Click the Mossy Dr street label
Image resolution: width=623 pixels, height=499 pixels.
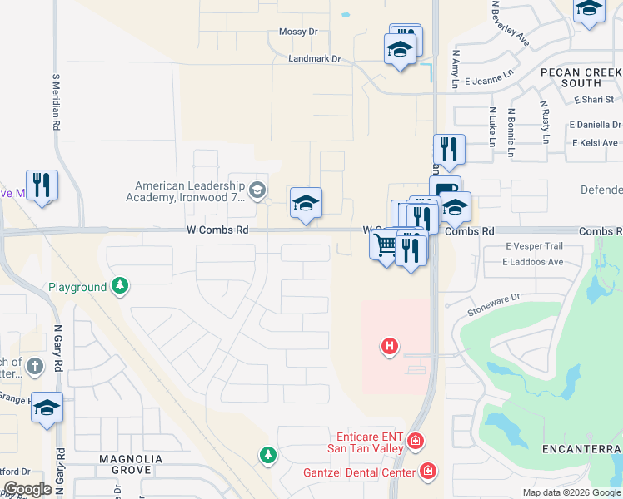[298, 32]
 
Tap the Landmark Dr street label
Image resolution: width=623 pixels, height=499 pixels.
[315, 59]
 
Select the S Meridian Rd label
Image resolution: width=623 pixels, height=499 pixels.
[56, 101]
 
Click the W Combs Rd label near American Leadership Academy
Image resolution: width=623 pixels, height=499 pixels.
[217, 230]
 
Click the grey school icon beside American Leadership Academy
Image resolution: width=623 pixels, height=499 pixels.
[257, 191]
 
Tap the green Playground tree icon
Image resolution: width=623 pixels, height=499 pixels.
[121, 287]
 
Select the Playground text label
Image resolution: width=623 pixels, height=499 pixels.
[77, 287]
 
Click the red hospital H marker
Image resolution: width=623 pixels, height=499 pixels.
[388, 346]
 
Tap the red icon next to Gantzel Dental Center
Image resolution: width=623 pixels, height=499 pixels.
[427, 472]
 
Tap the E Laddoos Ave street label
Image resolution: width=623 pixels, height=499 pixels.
[534, 262]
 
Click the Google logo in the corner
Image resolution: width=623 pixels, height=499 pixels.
[27, 489]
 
